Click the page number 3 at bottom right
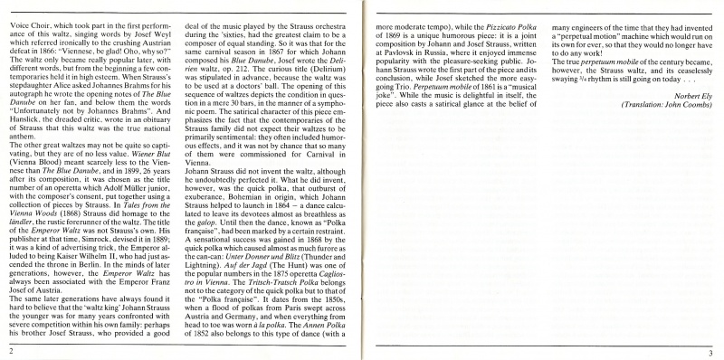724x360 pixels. point(711,349)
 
